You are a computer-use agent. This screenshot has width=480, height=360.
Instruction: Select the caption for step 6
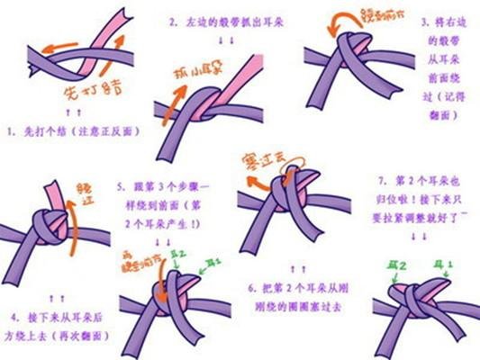click(x=293, y=298)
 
